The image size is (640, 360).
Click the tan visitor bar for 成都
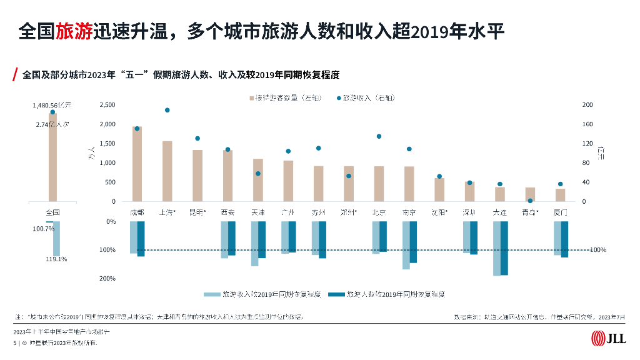point(137,164)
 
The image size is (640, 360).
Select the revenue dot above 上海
point(167,110)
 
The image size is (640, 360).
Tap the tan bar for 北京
point(379,184)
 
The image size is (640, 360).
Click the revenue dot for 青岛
point(530,201)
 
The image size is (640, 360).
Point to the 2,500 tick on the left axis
point(107,105)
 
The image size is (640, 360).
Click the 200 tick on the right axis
point(587,105)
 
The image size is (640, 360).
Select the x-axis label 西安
point(227,212)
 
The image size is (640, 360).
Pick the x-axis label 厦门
point(560,212)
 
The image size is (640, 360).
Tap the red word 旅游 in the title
point(74,31)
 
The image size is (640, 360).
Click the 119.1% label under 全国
point(56,259)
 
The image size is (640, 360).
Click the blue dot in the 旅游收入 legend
point(339,98)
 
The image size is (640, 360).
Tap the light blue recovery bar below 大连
point(497,248)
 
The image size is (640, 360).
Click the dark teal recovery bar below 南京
point(412,242)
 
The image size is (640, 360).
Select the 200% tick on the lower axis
point(107,278)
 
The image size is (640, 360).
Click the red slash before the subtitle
point(14,75)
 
